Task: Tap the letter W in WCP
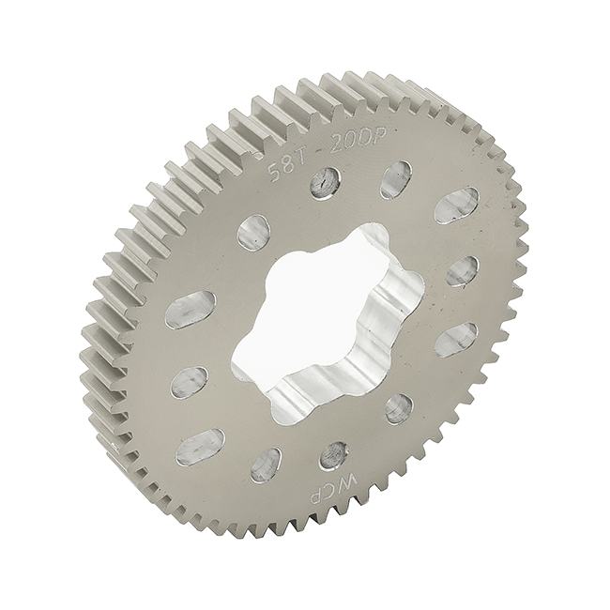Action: pos(343,484)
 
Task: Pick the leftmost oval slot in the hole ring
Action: pos(191,310)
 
